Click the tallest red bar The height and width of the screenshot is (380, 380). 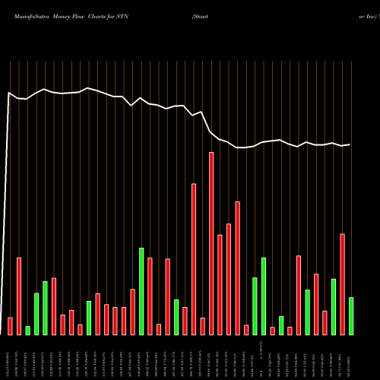[x=211, y=243]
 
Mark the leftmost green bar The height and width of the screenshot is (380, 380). [x=27, y=330]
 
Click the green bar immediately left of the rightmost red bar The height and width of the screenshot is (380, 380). [x=334, y=306]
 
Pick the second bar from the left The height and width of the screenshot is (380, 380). [x=19, y=296]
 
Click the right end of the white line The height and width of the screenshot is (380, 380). [x=350, y=144]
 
